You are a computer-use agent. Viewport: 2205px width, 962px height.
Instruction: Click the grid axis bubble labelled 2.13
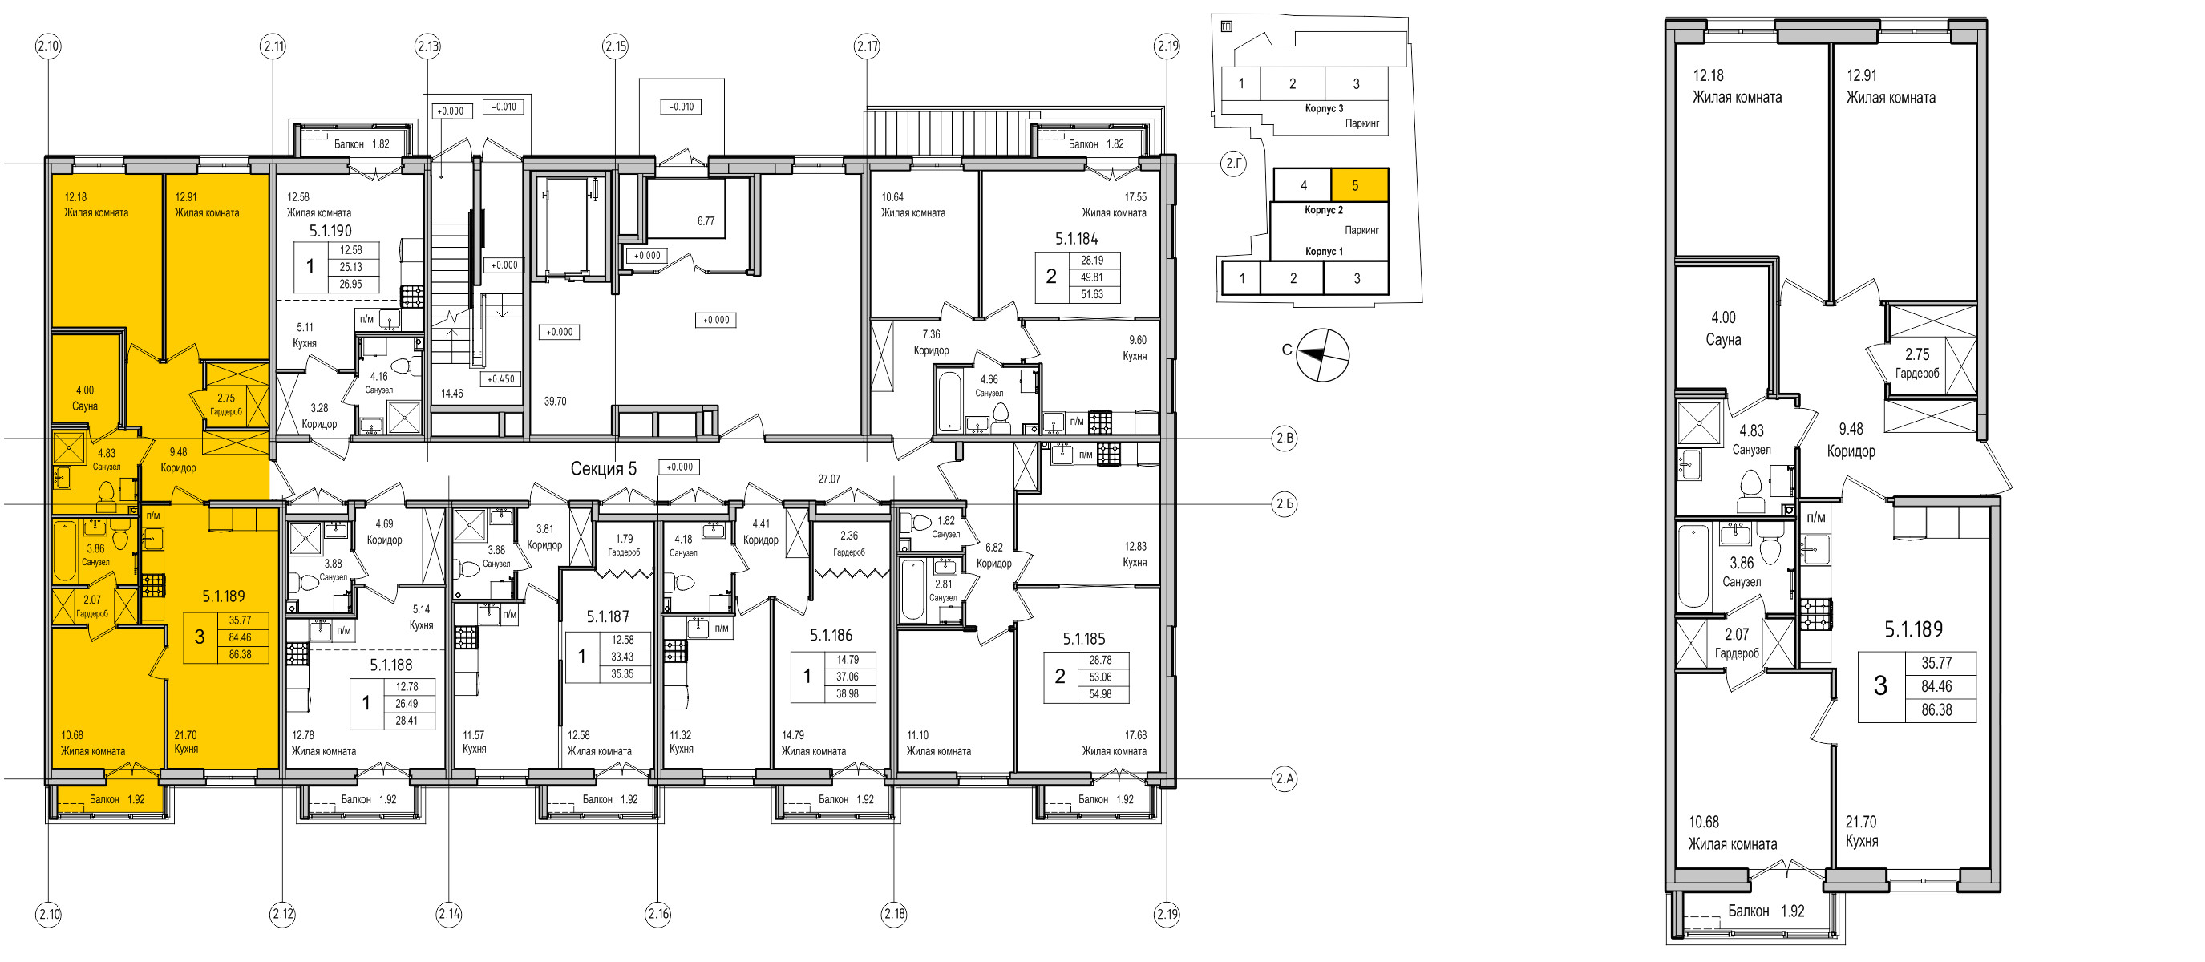coord(428,46)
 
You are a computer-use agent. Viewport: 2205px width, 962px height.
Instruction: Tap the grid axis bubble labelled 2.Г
coord(1233,164)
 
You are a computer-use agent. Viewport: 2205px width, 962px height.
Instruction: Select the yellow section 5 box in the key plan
coord(1359,185)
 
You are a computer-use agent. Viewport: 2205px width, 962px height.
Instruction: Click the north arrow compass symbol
coord(1322,355)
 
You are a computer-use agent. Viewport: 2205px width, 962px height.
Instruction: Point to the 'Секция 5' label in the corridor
coord(604,469)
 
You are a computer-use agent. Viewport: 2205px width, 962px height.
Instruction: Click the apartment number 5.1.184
coord(1076,239)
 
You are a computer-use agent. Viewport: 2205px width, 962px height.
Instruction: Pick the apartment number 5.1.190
coord(330,231)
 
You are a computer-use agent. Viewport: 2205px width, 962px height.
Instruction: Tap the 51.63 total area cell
coord(1091,294)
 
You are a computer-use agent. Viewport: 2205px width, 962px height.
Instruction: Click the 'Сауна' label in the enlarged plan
coord(1723,340)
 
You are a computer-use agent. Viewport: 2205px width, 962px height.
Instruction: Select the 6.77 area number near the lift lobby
coord(706,220)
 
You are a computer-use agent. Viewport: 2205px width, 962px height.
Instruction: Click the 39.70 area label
coord(555,401)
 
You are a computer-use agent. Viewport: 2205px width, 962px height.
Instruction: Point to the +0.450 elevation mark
coord(501,378)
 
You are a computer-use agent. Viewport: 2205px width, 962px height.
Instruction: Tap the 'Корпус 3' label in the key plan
coord(1324,109)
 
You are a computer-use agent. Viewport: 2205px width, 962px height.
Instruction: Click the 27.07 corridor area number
coord(828,479)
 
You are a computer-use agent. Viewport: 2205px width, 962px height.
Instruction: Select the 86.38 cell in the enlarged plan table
coord(1936,710)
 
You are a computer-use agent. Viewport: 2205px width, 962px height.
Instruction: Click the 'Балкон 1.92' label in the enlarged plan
coord(1766,911)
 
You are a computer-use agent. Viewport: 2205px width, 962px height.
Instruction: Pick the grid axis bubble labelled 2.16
coord(657,914)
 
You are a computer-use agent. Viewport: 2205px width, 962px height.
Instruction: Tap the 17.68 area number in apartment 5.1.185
coord(1135,735)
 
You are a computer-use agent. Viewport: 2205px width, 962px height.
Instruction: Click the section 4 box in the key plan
coord(1303,185)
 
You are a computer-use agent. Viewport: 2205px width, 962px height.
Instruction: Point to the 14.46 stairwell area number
coord(451,394)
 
